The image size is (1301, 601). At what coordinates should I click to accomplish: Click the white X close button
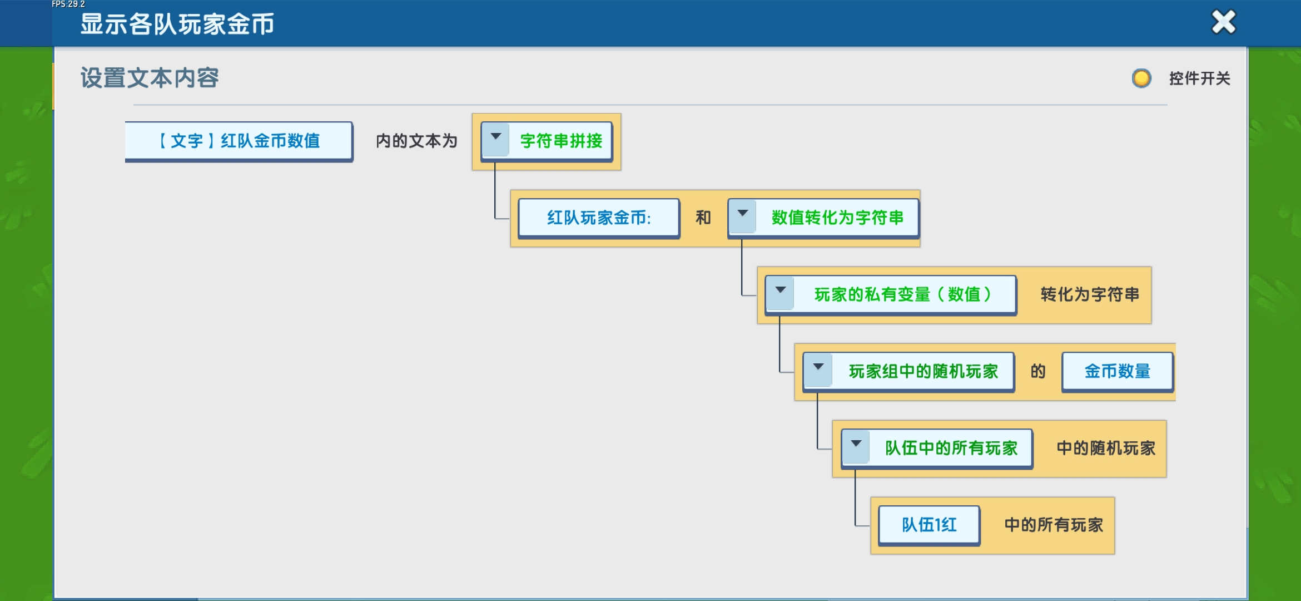1223,22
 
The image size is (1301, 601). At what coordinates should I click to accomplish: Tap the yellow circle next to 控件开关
1141,78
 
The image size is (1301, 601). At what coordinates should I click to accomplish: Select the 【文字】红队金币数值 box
239,141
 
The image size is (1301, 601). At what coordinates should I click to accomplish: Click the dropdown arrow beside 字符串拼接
496,137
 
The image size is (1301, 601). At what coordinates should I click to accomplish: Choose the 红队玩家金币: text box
599,218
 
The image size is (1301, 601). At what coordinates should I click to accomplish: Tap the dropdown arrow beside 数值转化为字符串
743,214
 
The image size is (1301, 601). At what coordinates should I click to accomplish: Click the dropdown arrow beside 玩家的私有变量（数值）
781,290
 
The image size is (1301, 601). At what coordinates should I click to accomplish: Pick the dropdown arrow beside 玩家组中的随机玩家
818,367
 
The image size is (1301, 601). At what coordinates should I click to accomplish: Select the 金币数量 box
1118,371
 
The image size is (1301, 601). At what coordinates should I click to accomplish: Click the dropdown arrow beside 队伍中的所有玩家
856,444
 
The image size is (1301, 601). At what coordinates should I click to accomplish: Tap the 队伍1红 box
929,525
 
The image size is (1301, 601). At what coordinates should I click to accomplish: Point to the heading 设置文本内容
150,78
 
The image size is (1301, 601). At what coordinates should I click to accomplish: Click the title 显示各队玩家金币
177,24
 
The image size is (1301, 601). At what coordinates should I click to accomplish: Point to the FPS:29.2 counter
68,4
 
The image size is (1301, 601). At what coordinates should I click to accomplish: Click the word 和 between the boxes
703,218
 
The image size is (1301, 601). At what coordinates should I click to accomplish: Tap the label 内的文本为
416,141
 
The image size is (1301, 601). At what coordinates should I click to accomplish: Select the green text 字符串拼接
562,141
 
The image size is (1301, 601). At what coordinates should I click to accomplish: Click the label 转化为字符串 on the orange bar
1090,294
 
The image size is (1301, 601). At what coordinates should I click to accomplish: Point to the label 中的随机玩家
1106,448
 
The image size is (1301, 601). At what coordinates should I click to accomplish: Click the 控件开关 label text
1200,78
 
